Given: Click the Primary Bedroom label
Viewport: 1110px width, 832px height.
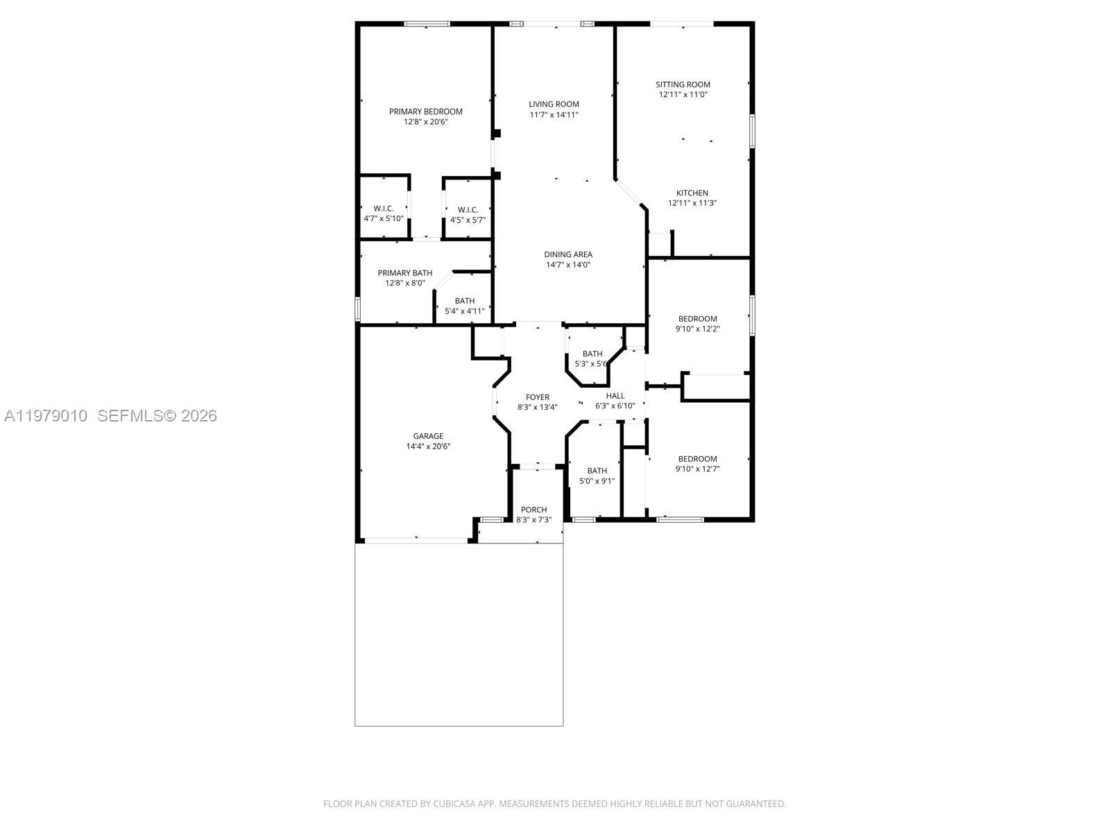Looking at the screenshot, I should point(425,112).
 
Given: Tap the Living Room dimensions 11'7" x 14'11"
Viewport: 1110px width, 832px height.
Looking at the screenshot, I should point(554,115).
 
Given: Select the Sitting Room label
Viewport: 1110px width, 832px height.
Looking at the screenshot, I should point(683,85).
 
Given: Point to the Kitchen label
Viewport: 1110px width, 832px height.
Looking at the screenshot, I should point(692,193).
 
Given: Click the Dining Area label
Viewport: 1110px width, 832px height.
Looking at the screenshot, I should point(567,254).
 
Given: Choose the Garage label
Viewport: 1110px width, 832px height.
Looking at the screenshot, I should point(428,436).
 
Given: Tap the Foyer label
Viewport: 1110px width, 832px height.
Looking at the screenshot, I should point(537,397).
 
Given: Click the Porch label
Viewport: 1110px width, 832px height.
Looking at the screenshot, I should point(533,510).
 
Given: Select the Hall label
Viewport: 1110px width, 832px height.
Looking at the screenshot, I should point(615,396).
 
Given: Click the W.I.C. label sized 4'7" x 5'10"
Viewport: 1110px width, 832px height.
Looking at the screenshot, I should point(383,209).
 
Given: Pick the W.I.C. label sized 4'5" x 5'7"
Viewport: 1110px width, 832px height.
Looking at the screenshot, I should point(468,210).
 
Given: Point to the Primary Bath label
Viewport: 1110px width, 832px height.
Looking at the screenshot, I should point(404,273).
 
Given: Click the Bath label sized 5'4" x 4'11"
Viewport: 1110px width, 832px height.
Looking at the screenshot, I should point(464,301).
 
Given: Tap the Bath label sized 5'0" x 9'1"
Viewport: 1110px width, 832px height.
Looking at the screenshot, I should point(597,471).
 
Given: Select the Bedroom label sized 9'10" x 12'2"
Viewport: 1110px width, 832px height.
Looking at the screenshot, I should point(697,319).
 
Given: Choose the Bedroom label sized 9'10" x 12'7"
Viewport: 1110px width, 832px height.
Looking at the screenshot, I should point(697,459).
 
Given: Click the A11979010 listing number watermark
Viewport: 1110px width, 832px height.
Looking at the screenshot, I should point(46,416).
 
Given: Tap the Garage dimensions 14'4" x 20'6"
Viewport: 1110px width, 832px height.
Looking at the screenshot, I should point(428,447).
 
